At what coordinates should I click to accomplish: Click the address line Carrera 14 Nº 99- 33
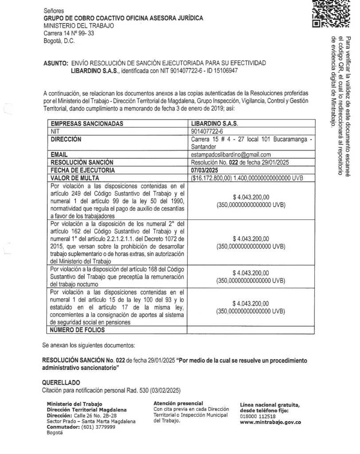point(69,33)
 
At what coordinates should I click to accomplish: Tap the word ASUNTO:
point(55,63)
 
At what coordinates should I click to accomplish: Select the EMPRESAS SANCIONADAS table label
point(87,124)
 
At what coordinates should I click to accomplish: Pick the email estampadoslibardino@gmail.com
point(231,155)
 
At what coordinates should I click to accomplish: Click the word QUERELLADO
point(61,382)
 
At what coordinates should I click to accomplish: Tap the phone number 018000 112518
point(258,416)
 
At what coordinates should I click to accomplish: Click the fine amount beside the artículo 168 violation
point(250,272)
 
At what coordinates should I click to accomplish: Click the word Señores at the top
point(54,10)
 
